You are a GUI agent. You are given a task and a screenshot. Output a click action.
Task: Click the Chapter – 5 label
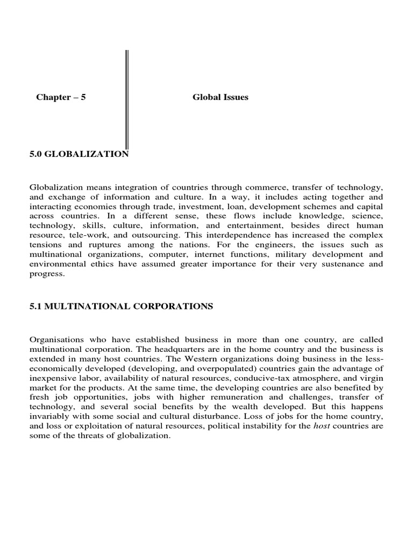point(61,97)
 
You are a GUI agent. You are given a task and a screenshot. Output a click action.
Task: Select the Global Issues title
point(220,97)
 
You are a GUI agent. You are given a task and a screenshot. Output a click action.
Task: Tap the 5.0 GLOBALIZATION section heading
point(79,154)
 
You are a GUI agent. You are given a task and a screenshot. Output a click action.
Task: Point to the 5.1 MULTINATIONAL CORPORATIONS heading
point(121,307)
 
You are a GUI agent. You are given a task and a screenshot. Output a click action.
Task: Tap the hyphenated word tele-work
point(84,236)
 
